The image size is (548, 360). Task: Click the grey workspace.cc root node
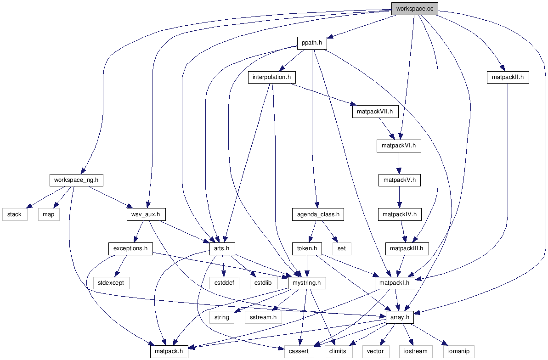[414, 9]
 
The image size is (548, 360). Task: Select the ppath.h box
[311, 43]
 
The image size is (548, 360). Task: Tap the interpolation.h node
[271, 77]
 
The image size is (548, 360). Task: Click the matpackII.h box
[508, 78]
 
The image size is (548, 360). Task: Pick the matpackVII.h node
[375, 112]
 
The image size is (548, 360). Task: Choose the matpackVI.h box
[399, 146]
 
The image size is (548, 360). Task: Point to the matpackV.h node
[399, 180]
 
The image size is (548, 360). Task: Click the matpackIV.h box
[399, 214]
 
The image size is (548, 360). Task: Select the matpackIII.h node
[407, 249]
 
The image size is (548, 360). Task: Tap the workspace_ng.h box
[76, 180]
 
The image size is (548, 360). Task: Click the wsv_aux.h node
[146, 214]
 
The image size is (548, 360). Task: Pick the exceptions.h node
[130, 249]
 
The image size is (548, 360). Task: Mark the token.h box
[307, 249]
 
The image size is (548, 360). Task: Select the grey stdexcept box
[111, 283]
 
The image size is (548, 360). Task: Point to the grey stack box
[14, 214]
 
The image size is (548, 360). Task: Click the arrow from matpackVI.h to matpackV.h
[399, 163]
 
